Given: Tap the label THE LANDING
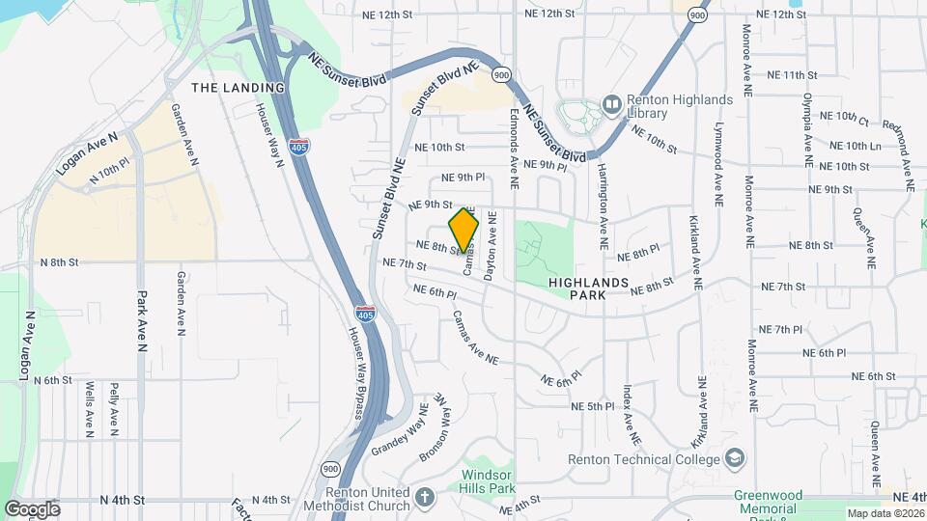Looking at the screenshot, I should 238,88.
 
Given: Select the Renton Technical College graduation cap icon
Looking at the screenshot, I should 735,457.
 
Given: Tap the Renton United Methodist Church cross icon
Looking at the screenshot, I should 424,499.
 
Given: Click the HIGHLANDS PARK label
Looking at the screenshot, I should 590,288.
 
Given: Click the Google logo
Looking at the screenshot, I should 32,508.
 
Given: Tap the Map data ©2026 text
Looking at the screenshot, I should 885,513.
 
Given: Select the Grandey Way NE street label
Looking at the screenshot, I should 399,429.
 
